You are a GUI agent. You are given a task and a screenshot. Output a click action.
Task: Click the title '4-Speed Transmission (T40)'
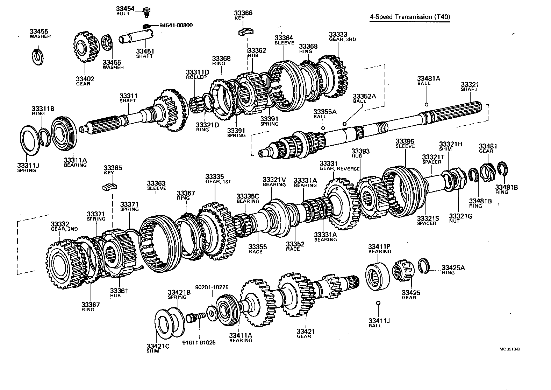tap(409, 17)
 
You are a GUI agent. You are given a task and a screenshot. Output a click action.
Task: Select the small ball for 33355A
tap(323, 128)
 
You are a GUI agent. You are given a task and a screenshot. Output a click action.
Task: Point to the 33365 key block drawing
tap(108, 187)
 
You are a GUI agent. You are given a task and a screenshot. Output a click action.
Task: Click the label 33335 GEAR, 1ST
tap(218, 179)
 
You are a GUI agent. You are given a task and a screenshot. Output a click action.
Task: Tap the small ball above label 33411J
tap(378, 302)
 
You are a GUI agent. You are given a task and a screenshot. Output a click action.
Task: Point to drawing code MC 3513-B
tap(512, 349)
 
